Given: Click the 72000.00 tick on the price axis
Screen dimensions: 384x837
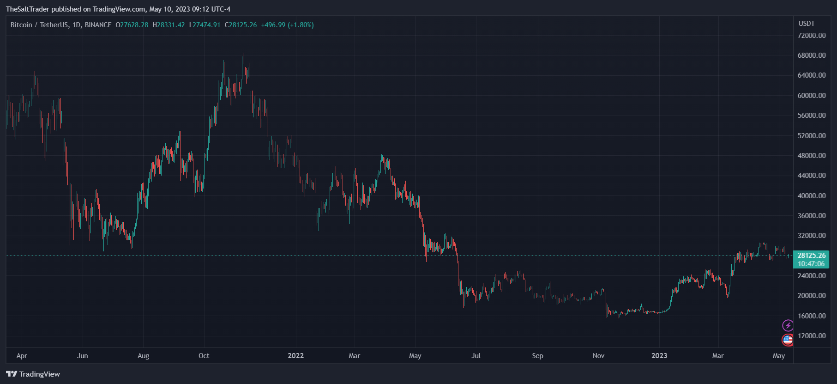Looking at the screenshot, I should tap(812, 36).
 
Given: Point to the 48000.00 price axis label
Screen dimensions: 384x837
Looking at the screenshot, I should tap(812, 156).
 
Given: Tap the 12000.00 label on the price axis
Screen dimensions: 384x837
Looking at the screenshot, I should tap(812, 336).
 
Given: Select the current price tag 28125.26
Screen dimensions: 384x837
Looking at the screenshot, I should tap(812, 256).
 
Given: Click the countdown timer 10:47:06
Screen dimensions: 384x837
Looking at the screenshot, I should tap(811, 264).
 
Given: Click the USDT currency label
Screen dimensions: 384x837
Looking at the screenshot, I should tap(807, 24).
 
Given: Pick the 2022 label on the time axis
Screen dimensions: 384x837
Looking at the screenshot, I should tap(295, 356).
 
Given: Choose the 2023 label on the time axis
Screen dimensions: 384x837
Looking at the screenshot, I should tap(659, 356).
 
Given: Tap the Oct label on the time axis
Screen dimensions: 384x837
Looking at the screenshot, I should tap(204, 356).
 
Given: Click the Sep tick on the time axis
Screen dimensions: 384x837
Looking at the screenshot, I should tap(537, 356).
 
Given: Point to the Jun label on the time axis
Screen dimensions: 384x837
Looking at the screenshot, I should tap(82, 356).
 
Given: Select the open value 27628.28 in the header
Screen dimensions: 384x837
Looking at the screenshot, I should tap(134, 25).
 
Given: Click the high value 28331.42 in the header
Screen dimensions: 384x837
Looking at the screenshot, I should tap(170, 25).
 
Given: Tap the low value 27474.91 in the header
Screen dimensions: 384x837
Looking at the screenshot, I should tap(206, 25).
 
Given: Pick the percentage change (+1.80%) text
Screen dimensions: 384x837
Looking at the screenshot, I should tap(301, 25).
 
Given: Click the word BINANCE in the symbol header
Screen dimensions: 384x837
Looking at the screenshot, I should tap(98, 25).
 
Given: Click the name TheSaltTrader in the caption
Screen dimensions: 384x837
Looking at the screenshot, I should tap(27, 9).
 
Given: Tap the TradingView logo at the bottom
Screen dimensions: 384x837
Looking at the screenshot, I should tap(33, 374).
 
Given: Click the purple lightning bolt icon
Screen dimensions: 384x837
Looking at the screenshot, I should tap(788, 326).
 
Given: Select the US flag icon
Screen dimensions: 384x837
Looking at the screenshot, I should tap(788, 340).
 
